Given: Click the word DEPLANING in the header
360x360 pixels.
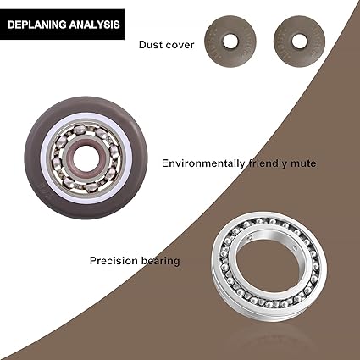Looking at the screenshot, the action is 36,25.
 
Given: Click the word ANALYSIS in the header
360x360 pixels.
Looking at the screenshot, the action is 94,25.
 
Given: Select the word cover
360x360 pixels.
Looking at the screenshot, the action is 180,45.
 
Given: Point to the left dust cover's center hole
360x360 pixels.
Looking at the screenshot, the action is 230,41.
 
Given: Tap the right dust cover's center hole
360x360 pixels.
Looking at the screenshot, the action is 299,42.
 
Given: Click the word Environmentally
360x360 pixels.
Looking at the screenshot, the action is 203,163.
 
